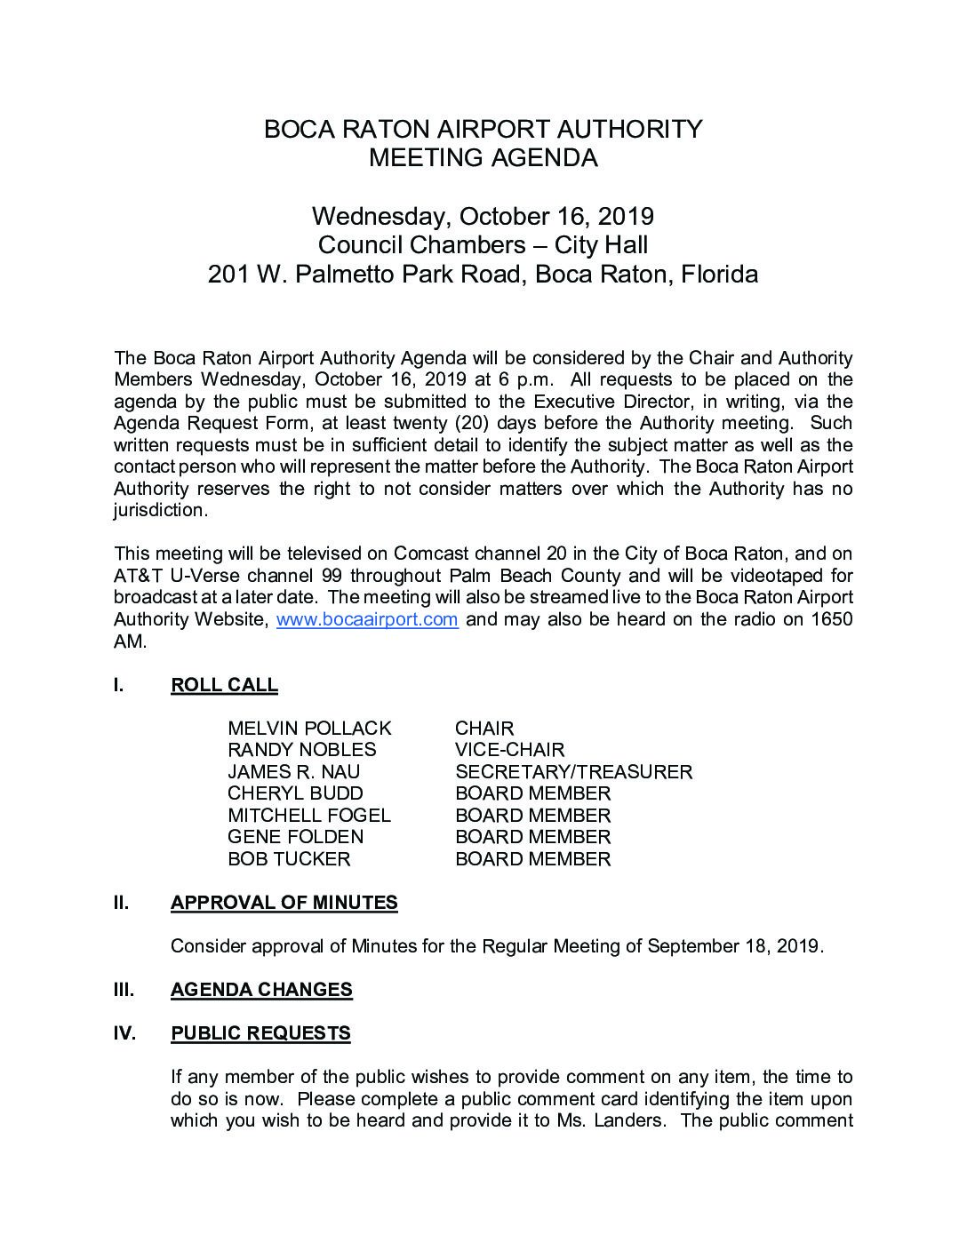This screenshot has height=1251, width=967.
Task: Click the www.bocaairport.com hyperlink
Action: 367,619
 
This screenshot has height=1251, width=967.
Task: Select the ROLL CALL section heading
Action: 224,685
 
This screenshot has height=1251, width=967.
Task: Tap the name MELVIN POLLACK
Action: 309,729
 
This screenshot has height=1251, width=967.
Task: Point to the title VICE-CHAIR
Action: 509,750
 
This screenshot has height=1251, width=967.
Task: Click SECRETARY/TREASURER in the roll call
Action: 573,772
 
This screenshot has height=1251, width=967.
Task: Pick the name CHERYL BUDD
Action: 295,793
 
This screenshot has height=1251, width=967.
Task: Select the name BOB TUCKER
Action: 289,859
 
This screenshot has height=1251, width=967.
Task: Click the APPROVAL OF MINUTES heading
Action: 284,903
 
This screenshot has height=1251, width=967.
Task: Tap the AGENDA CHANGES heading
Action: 261,990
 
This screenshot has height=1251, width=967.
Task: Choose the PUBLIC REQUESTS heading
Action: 260,1033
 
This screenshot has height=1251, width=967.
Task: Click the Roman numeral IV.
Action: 124,1033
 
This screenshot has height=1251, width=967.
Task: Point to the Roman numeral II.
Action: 121,903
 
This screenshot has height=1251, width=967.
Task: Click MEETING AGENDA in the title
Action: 483,158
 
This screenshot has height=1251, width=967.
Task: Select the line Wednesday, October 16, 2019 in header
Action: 483,216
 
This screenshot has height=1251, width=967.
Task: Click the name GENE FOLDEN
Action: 295,837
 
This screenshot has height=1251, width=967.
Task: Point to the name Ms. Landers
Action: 618,1120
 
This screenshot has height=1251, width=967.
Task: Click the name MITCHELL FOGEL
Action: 308,816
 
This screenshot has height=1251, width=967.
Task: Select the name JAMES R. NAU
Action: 293,772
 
